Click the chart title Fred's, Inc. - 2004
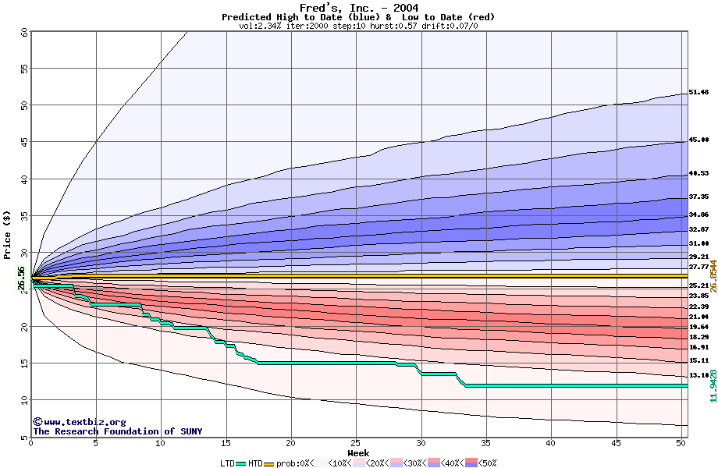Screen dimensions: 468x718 pos(358,8)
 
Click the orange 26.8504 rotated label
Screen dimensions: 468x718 pos(713,276)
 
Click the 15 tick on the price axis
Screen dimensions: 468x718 pos(24,363)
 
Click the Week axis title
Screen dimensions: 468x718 pos(358,452)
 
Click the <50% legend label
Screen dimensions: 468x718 pos(487,463)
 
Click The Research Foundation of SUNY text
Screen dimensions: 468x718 pos(117,431)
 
